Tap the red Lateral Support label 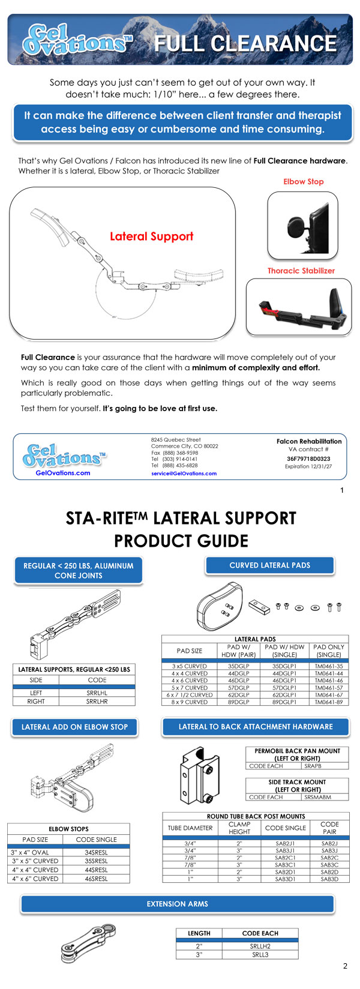pyautogui.click(x=151, y=236)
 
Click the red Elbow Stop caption pyautogui.click(x=303, y=181)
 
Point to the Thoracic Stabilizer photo pyautogui.click(x=299, y=307)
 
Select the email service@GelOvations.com pyautogui.click(x=184, y=473)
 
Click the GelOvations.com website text pyautogui.click(x=63, y=473)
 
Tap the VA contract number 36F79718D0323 pyautogui.click(x=308, y=458)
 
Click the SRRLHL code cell pyautogui.click(x=97, y=693)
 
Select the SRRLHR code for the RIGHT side pyautogui.click(x=97, y=701)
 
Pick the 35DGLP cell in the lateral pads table pyautogui.click(x=238, y=666)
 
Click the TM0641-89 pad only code pyautogui.click(x=329, y=702)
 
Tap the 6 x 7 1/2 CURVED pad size pyautogui.click(x=190, y=695)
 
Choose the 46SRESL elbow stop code pyautogui.click(x=96, y=879)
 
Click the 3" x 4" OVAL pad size pyautogui.click(x=29, y=852)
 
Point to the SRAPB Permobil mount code pyautogui.click(x=313, y=766)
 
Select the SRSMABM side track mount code pyautogui.click(x=317, y=797)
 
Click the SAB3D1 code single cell pyautogui.click(x=286, y=879)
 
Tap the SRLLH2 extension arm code pyautogui.click(x=260, y=946)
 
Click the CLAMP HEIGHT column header pyautogui.click(x=239, y=828)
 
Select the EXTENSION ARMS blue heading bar pyautogui.click(x=177, y=904)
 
